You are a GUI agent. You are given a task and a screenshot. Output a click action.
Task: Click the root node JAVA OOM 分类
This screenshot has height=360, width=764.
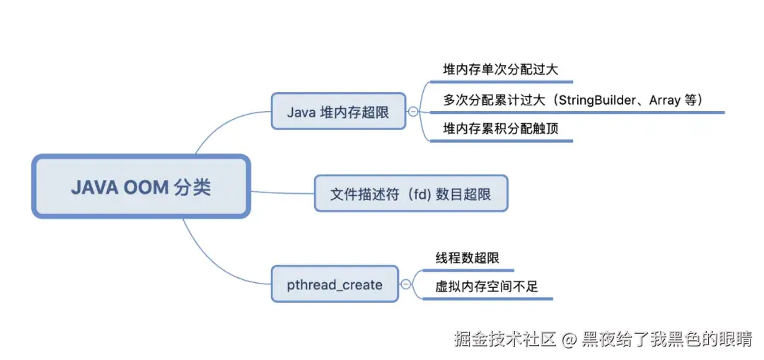pos(141,187)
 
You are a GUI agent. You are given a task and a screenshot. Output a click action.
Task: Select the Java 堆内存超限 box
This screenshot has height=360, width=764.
pos(338,112)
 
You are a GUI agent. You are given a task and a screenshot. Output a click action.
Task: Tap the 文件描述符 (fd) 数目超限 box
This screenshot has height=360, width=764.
pos(411,194)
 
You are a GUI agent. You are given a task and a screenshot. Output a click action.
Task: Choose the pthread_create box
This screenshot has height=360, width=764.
pos(335,285)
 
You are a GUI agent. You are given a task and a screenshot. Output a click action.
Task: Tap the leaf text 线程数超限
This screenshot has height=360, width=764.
pos(467,257)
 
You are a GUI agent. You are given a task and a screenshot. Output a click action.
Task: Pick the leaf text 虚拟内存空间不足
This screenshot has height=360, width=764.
pos(487,286)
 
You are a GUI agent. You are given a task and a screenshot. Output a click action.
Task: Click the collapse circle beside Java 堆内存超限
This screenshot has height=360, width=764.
pos(413,112)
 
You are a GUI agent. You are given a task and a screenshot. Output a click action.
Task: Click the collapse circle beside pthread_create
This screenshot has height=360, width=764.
pos(405,285)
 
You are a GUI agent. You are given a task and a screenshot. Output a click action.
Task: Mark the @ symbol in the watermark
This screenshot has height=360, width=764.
pos(569,339)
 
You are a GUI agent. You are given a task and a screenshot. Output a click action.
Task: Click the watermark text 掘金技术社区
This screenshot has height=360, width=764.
pos(504,339)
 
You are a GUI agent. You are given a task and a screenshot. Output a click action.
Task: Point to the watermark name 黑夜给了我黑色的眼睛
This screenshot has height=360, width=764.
pos(666,339)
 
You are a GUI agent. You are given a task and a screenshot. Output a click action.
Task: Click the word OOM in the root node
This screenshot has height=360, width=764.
pos(146,187)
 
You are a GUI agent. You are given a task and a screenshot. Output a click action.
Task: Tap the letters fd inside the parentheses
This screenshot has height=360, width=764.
pos(423,194)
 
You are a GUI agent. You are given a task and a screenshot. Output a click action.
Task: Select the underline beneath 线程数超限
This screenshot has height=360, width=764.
pos(468,270)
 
